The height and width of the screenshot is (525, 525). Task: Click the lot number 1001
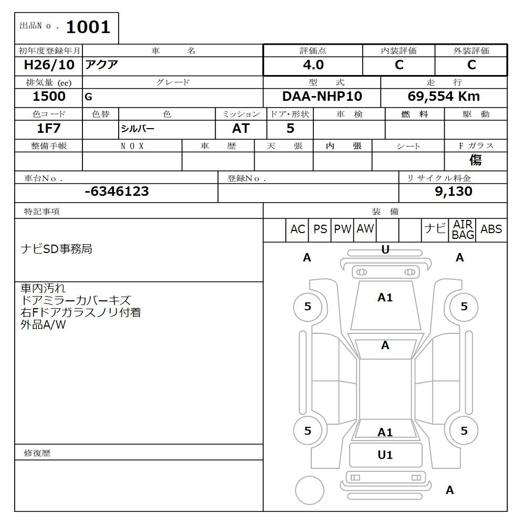coord(88,27)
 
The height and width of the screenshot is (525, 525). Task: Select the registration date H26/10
coord(49,65)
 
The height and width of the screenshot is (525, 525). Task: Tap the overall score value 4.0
coord(313,65)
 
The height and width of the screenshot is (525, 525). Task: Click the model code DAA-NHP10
coord(322,97)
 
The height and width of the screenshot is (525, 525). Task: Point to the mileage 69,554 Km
coord(444,97)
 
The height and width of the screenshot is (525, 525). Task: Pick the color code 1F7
coord(49,128)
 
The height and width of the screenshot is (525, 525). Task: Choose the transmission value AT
coord(241,128)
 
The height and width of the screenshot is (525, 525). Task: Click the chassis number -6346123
coord(117,192)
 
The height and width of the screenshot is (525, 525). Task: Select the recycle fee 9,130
coord(453,192)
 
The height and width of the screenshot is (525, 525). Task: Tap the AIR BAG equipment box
coord(463,230)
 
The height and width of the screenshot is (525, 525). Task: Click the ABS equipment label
coord(491,229)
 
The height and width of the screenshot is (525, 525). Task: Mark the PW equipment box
coord(342,229)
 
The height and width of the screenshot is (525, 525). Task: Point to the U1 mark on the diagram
coord(385,455)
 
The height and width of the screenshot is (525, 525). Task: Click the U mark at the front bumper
coord(385,250)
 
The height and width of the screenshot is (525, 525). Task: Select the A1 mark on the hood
coord(385,298)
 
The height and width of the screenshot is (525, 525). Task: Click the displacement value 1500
coord(49,97)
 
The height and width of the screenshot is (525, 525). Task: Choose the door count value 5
coord(290,128)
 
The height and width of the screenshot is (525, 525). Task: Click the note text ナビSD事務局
coord(56,249)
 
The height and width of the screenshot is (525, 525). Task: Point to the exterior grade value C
coord(471,65)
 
